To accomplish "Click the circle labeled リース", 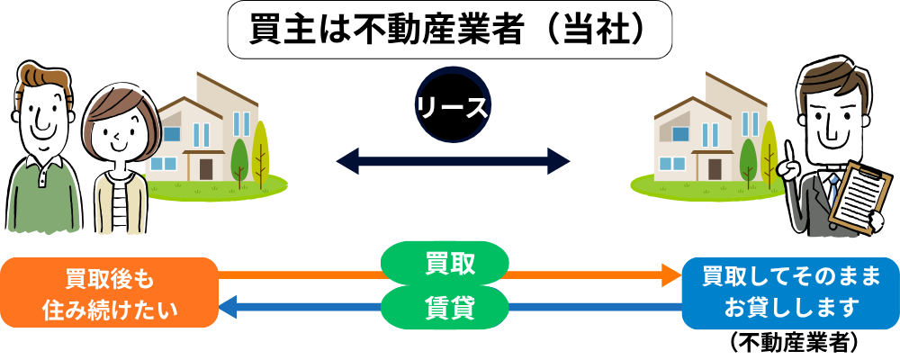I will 452,105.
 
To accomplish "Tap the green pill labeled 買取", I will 445,264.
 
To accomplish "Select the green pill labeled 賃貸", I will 445,307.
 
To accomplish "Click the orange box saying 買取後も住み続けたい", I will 110,292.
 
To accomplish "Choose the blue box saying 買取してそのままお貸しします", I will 790,292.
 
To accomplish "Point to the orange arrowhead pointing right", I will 671,275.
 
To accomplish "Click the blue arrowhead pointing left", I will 229,306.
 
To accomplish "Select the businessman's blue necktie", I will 833,188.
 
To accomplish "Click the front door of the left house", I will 207,168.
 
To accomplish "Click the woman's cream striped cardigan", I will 121,202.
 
